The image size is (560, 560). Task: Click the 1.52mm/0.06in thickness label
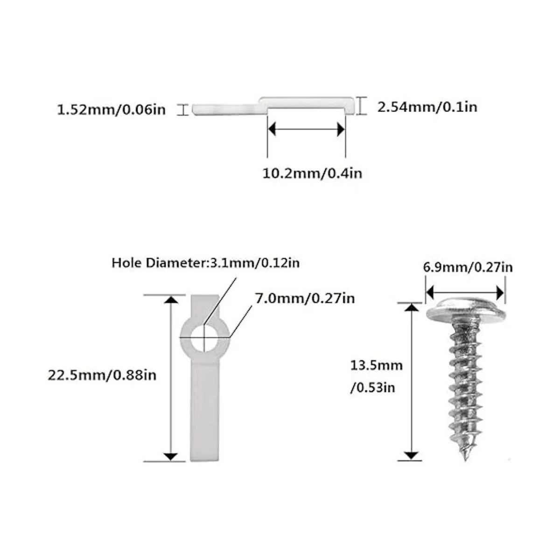111,111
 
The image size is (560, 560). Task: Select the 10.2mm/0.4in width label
312,173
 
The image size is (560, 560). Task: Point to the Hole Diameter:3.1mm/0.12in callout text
205,263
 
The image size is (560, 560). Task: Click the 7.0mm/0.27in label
305,298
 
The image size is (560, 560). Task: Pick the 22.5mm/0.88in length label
102,375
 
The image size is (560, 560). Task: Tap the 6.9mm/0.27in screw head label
468,267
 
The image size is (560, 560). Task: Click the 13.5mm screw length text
376,365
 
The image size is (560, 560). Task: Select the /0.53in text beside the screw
372,387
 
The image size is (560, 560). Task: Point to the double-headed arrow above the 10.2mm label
306,130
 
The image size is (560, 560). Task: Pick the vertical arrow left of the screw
411,380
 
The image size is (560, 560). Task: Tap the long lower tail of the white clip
204,411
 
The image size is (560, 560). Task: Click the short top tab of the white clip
204,306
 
